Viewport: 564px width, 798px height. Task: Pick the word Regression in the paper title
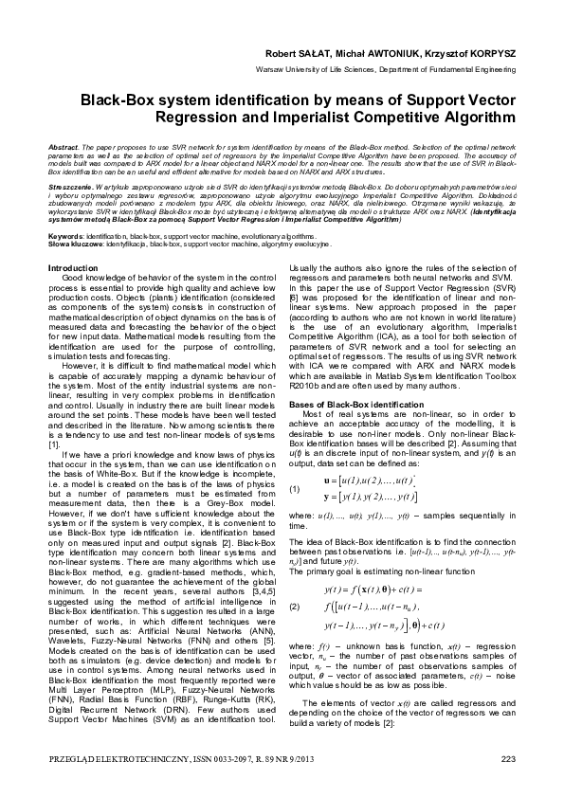[246, 118]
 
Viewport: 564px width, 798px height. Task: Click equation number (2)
[296, 552]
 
